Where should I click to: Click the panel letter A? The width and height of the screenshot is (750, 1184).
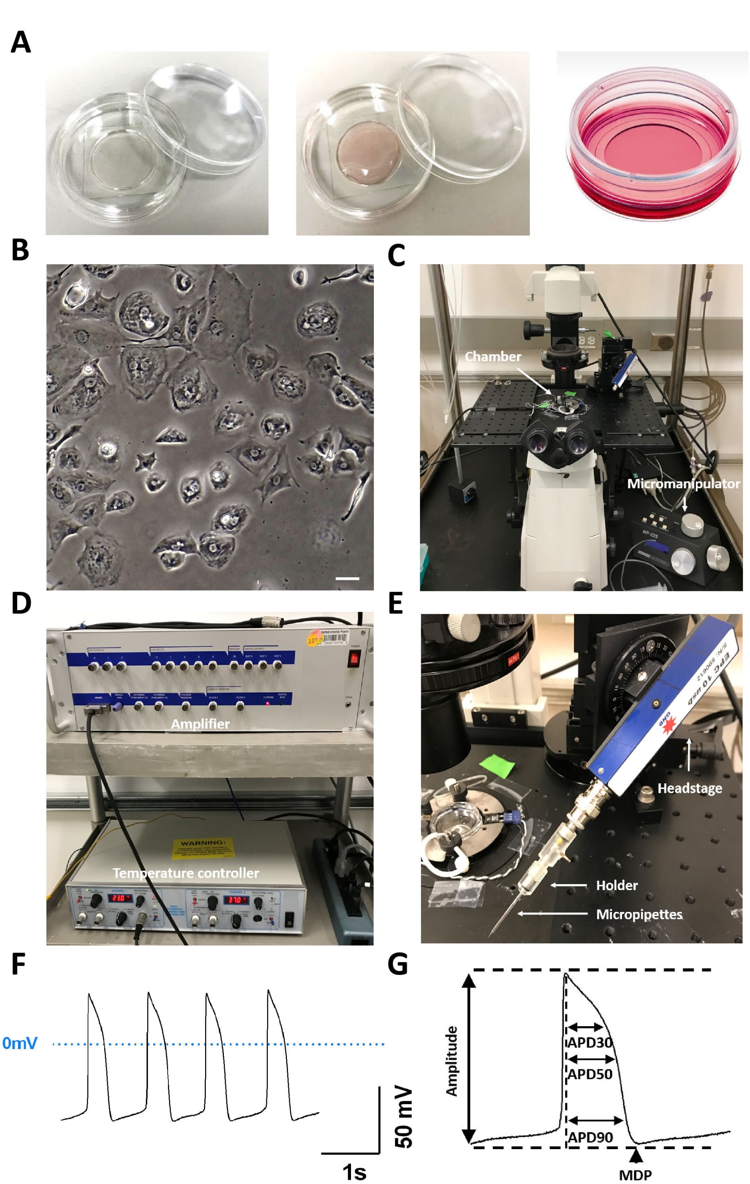(21, 42)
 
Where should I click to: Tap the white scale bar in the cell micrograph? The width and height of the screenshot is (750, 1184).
(347, 579)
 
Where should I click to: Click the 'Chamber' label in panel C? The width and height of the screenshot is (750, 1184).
(493, 356)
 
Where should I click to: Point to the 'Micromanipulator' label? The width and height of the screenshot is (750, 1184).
(683, 484)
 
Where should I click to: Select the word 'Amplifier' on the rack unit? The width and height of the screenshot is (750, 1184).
(200, 724)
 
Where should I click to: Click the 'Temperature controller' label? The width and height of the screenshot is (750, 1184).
(186, 873)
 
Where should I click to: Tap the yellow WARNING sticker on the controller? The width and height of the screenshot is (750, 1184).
(202, 850)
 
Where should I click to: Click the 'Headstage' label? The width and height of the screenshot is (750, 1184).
(690, 788)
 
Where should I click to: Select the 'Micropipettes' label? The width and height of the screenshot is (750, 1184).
(639, 915)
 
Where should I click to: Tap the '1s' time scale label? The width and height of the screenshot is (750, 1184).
(354, 1173)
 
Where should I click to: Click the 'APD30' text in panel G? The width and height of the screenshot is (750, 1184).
(589, 1042)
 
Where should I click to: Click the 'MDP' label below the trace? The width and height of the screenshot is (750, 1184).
(635, 1175)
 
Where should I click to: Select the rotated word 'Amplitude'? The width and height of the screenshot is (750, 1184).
(451, 1061)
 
